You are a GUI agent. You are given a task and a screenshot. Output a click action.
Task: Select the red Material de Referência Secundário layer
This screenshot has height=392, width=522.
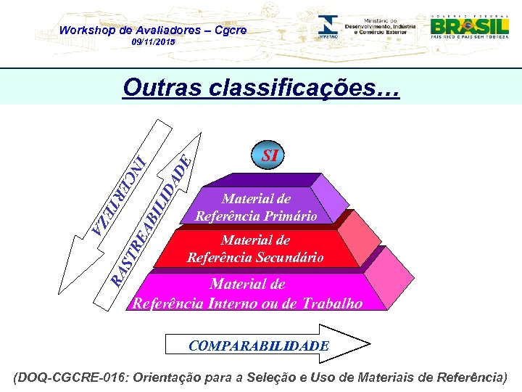(x=255, y=248)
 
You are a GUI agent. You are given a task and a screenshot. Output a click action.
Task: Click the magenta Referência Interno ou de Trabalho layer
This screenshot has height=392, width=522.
(x=247, y=293)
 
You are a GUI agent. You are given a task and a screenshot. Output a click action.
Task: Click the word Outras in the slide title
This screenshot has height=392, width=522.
(x=162, y=88)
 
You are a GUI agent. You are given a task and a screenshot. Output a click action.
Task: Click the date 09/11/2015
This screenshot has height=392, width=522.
(x=153, y=43)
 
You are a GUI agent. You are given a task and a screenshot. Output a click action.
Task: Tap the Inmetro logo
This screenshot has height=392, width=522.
(x=327, y=26)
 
